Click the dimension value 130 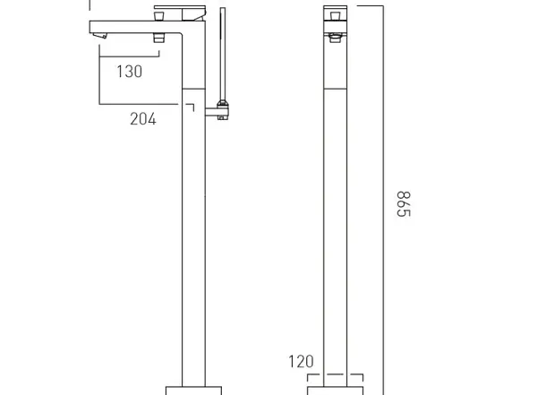click(130, 72)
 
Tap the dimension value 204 click(143, 119)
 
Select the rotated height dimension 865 click(404, 204)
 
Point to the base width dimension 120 click(301, 361)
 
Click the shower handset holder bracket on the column click(217, 110)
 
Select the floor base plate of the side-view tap click(193, 391)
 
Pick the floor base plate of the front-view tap click(336, 391)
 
